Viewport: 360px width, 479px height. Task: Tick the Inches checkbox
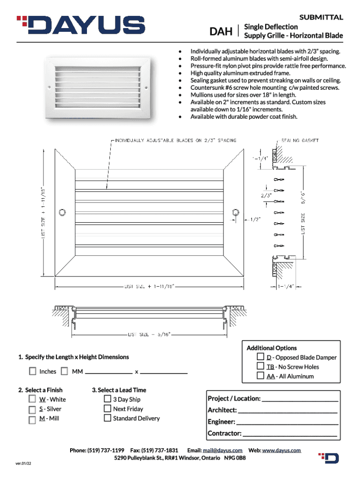click(x=33, y=371)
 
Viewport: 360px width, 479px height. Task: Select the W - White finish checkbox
click(x=32, y=399)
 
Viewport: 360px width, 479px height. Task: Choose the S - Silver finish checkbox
click(x=32, y=409)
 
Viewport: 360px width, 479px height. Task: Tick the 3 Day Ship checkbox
click(x=108, y=399)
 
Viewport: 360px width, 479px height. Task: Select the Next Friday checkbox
click(x=108, y=408)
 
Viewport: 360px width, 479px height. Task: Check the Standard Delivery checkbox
click(x=108, y=418)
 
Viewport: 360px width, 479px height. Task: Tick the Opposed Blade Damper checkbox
click(x=260, y=357)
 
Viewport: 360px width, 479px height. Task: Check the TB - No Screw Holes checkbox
click(x=260, y=367)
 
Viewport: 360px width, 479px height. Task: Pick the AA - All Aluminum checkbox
click(x=260, y=376)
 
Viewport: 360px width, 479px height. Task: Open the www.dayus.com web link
click(x=281, y=450)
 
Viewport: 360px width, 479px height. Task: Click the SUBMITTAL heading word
click(x=321, y=17)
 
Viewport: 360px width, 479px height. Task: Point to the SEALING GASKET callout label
click(x=300, y=140)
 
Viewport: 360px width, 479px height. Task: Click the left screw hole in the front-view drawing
click(x=61, y=213)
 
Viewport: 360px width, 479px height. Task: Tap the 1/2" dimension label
click(x=254, y=219)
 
